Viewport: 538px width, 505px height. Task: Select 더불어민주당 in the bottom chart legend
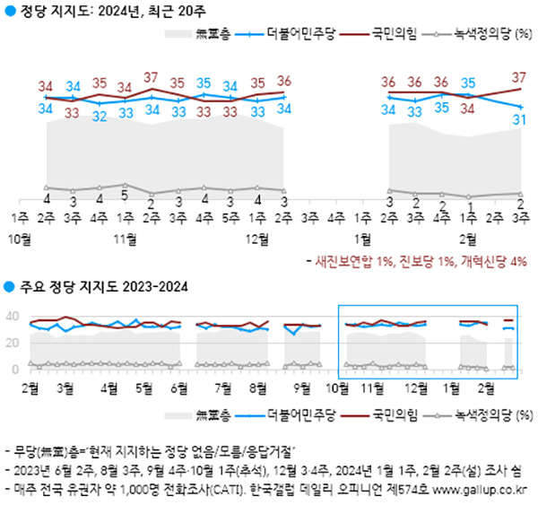click(x=296, y=414)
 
